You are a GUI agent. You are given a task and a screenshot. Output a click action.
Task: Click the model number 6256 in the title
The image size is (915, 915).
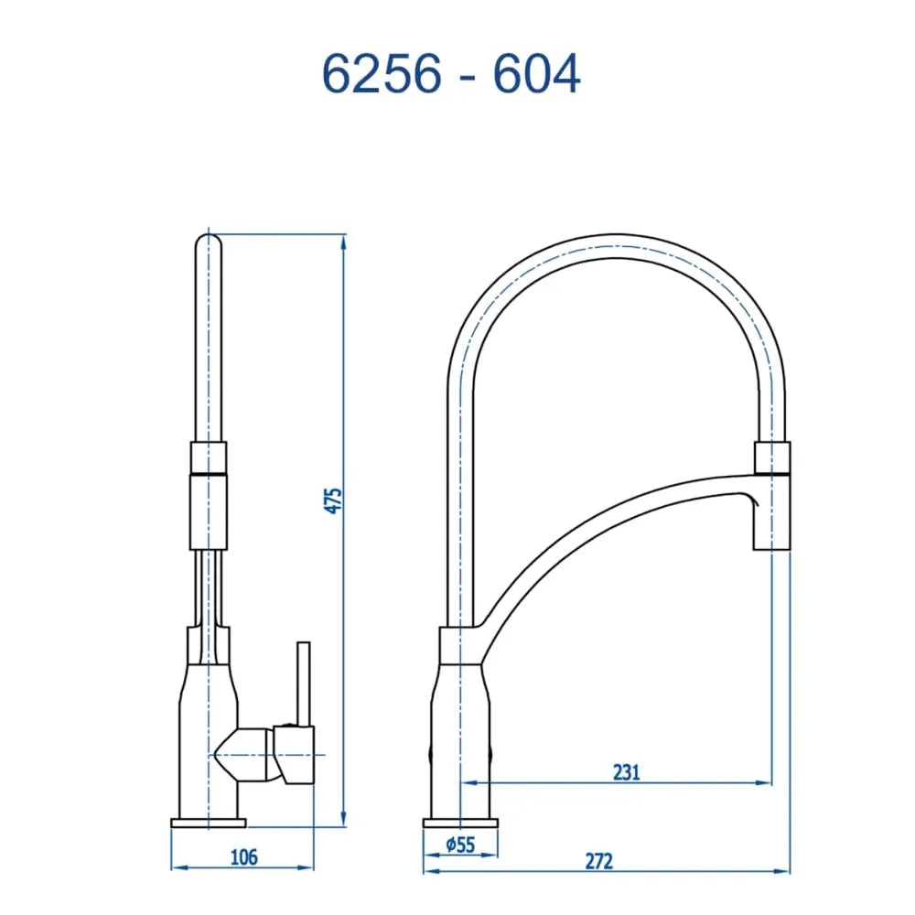(381, 75)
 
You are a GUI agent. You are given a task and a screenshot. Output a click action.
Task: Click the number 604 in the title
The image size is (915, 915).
(536, 75)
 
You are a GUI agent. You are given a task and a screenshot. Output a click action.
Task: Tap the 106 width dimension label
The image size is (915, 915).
(243, 857)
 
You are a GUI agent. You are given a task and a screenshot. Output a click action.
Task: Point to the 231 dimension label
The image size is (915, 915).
(626, 771)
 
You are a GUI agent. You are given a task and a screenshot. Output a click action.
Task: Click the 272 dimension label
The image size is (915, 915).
(599, 860)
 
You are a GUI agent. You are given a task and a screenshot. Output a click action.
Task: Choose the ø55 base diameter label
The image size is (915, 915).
(461, 845)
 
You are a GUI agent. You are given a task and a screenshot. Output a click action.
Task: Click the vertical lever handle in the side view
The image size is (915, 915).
(303, 682)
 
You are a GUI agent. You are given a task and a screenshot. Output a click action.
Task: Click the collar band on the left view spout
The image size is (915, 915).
(208, 457)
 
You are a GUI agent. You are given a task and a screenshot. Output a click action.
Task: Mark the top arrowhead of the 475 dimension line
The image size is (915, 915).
(344, 241)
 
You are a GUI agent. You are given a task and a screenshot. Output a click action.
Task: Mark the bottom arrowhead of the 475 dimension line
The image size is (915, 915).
(344, 819)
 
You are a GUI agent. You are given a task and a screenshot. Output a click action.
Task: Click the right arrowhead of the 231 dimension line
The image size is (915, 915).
(763, 782)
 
